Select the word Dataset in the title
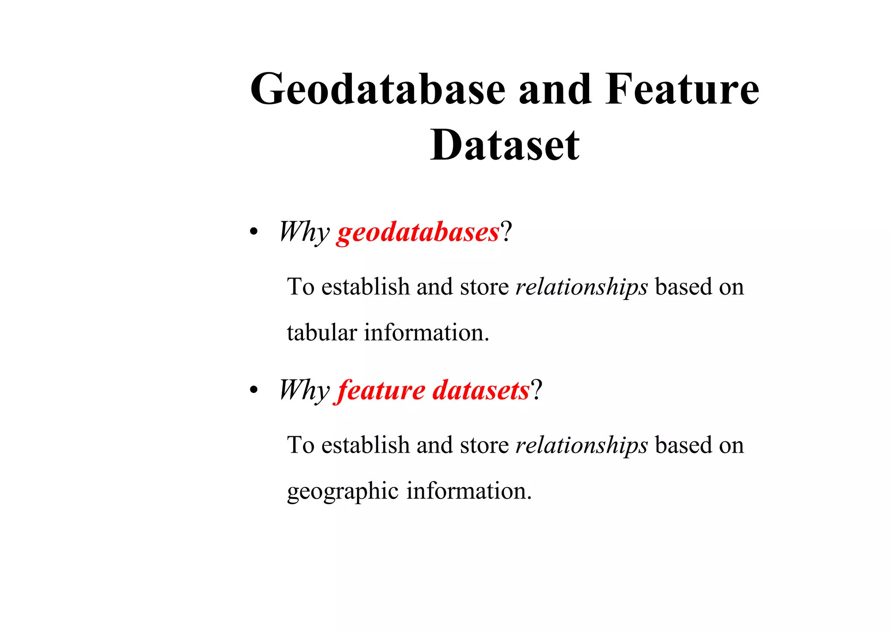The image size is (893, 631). (x=504, y=146)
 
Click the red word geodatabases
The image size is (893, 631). (x=417, y=232)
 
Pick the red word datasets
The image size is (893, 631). (x=481, y=390)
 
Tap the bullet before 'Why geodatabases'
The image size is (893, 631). (x=253, y=233)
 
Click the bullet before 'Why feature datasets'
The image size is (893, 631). (x=253, y=391)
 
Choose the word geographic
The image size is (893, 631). (x=343, y=491)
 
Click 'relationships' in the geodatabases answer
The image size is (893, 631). (x=582, y=287)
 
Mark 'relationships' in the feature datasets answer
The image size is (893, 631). (x=582, y=445)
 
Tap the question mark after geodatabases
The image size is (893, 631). (x=506, y=232)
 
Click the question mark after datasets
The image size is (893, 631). (x=536, y=390)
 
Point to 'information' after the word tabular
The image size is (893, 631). (x=426, y=333)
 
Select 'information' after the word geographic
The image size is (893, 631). (x=469, y=491)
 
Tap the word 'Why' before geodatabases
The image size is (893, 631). (x=304, y=232)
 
